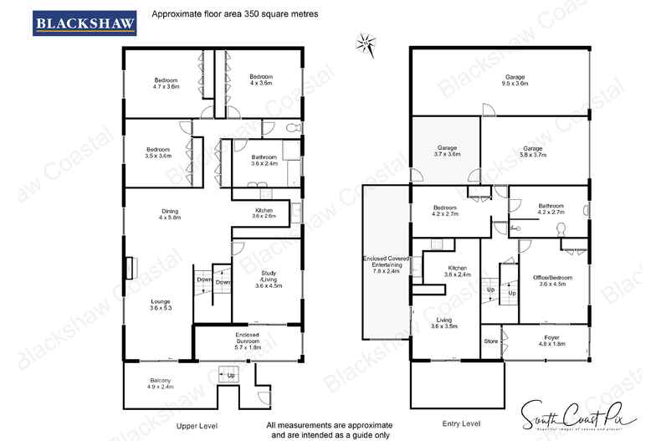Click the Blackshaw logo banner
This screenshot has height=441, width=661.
(85, 23)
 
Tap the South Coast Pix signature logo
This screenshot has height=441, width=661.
(577, 414)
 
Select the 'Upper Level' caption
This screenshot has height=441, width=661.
(197, 426)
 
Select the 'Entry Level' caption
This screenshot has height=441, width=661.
(461, 424)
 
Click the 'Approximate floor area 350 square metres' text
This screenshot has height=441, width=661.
(223, 14)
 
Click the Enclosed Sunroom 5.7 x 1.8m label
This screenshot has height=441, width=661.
(247, 339)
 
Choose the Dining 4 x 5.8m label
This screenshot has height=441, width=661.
(171, 214)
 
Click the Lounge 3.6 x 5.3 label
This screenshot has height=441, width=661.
(161, 305)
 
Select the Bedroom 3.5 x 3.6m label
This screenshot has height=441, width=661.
(157, 152)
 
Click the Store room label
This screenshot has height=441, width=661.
(490, 341)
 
